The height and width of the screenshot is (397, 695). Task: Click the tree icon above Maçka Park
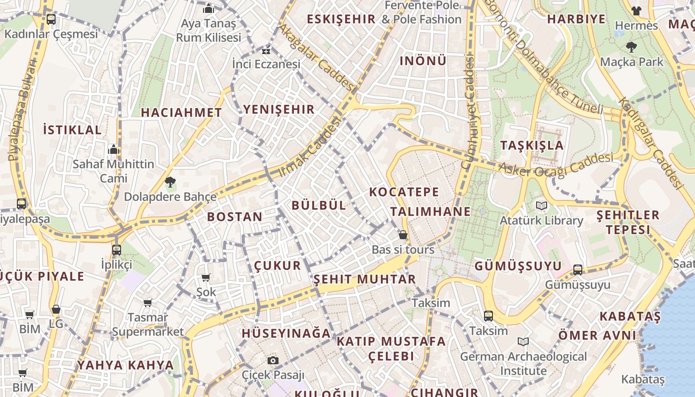pos(631,47)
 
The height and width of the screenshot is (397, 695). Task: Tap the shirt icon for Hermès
pos(636,10)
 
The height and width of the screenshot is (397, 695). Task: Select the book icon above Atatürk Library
pos(541,205)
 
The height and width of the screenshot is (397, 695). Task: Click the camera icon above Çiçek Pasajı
pos(273,360)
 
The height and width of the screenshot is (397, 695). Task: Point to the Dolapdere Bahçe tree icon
pos(170,182)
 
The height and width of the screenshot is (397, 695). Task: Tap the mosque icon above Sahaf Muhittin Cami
pos(114,149)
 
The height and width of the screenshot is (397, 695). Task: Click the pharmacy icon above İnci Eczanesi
pos(267,50)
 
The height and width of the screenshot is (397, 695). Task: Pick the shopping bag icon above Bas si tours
pos(403,235)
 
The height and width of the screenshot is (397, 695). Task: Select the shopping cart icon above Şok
pos(206,277)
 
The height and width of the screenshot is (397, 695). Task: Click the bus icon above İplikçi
pos(117,250)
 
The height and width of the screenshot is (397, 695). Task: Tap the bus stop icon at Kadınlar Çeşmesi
pos(51,19)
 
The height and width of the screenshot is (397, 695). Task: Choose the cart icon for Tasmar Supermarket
pos(147,302)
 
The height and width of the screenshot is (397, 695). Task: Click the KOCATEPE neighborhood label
pos(404,192)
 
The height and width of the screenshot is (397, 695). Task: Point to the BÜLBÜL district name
pos(319,205)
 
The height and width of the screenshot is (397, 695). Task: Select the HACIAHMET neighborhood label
pos(181,113)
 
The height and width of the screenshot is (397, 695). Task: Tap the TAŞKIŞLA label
pos(532,145)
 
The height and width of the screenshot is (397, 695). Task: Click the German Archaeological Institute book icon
pos(523,341)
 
